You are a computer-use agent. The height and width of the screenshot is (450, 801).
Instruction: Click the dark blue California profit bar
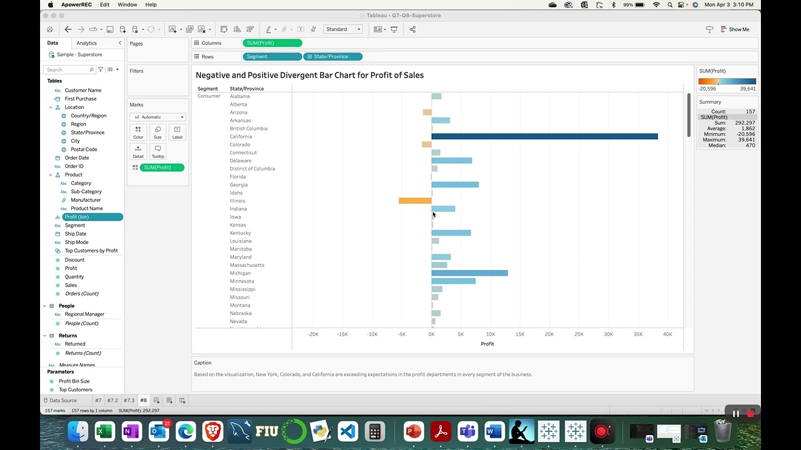pyautogui.click(x=544, y=136)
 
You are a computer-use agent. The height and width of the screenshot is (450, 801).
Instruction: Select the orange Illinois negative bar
pyautogui.click(x=414, y=201)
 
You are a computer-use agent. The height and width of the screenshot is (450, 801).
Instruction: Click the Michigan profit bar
pyautogui.click(x=469, y=273)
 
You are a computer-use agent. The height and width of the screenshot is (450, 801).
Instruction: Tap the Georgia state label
pyautogui.click(x=238, y=185)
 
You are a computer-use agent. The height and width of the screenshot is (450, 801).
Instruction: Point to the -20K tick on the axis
pyautogui.click(x=313, y=334)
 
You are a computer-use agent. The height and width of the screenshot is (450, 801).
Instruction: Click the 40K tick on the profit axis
pyautogui.click(x=667, y=334)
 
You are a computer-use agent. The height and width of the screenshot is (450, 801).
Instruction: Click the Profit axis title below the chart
pyautogui.click(x=487, y=344)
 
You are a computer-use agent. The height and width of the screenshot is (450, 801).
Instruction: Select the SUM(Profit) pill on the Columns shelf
pyautogui.click(x=272, y=43)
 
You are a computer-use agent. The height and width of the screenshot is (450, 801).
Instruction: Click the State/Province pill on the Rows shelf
pyautogui.click(x=332, y=57)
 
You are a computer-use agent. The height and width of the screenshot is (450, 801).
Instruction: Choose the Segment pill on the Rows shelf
pyautogui.click(x=272, y=57)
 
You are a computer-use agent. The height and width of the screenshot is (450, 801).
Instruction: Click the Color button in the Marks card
pyautogui.click(x=138, y=132)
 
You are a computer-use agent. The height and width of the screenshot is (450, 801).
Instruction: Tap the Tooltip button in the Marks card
pyautogui.click(x=158, y=151)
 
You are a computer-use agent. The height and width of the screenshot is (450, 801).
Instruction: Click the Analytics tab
pyautogui.click(x=86, y=43)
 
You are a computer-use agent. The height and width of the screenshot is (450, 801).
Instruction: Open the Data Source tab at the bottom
pyautogui.click(x=61, y=400)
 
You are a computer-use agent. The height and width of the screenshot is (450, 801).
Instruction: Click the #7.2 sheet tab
pyautogui.click(x=112, y=400)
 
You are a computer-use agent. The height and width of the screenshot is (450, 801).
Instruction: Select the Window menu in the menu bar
pyautogui.click(x=127, y=4)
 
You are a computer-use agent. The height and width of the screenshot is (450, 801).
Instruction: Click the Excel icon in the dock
pyautogui.click(x=105, y=431)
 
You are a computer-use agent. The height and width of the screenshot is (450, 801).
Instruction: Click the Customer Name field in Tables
pyautogui.click(x=83, y=91)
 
